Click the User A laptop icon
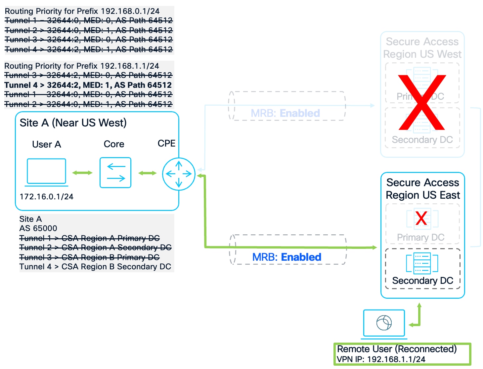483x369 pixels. click(x=46, y=172)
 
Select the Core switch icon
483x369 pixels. click(x=115, y=173)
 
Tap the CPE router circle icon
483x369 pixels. click(x=179, y=174)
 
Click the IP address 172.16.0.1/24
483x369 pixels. click(x=46, y=197)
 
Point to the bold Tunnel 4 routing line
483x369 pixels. click(x=88, y=85)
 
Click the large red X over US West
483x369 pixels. click(x=422, y=102)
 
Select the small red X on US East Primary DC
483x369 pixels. click(x=421, y=218)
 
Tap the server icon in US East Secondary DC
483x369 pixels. click(x=422, y=263)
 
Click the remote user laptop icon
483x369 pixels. click(x=384, y=323)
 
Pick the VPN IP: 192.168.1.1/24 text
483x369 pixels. click(x=381, y=359)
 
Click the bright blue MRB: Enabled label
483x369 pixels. click(x=286, y=257)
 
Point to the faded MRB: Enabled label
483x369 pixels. click(x=285, y=113)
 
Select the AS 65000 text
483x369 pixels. click(x=38, y=228)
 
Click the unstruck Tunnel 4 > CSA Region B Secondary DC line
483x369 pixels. click(x=95, y=267)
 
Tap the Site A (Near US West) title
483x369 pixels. click(x=73, y=123)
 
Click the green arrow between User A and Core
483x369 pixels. click(x=82, y=173)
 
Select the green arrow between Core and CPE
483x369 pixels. click(x=147, y=173)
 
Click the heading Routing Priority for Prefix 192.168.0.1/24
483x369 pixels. click(x=82, y=11)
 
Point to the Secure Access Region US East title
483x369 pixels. click(x=422, y=189)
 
